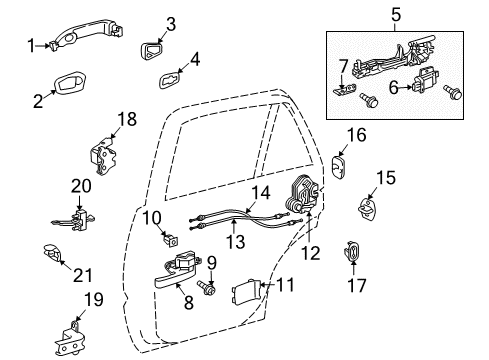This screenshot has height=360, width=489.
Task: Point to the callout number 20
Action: [x=79, y=185]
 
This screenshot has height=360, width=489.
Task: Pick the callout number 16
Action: [x=357, y=134]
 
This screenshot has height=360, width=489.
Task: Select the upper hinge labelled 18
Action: [x=104, y=152]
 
